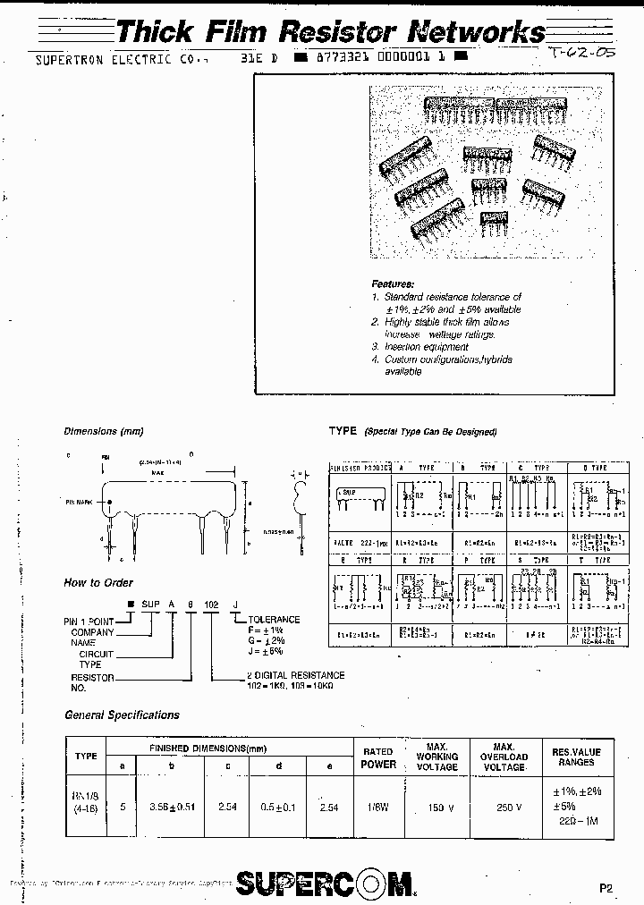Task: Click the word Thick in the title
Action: pos(155,33)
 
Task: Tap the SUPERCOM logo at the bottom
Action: pos(326,883)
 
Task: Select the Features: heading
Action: pos(393,283)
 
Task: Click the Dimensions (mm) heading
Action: pos(104,431)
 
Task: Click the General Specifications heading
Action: pos(122,715)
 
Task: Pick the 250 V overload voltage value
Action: pos(505,807)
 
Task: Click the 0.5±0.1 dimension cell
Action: pos(280,806)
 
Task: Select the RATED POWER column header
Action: pos(378,757)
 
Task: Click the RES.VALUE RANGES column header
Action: pos(576,757)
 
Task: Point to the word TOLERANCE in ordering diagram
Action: pos(274,619)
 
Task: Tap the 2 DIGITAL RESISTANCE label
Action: pos(295,675)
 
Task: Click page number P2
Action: pos(606,889)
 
